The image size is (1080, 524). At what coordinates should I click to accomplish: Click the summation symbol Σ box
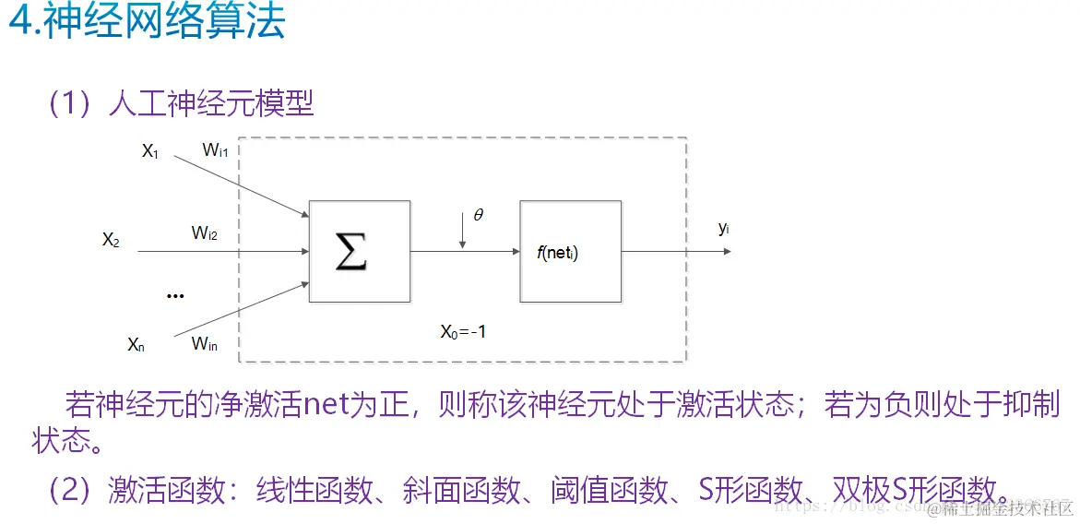click(359, 251)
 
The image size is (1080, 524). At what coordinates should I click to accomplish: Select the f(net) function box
click(570, 251)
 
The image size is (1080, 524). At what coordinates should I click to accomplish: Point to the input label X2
click(112, 240)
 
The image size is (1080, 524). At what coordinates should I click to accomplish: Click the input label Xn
click(136, 345)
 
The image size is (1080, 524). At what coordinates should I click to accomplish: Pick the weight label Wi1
click(215, 151)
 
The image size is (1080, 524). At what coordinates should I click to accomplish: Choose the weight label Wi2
click(205, 233)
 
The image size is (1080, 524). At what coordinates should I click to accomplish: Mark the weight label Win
click(205, 344)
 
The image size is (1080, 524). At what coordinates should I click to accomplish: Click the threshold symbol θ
click(478, 215)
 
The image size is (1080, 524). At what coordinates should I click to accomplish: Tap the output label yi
click(724, 228)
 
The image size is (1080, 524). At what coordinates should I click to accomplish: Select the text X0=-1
click(463, 331)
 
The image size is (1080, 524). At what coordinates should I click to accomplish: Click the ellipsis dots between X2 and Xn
click(174, 296)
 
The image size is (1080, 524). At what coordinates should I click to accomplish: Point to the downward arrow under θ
click(463, 236)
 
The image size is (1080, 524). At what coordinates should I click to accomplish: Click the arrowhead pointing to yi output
click(726, 250)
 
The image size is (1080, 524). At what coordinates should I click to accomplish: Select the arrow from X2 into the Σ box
click(221, 250)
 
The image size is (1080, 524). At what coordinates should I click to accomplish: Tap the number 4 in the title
click(20, 22)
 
